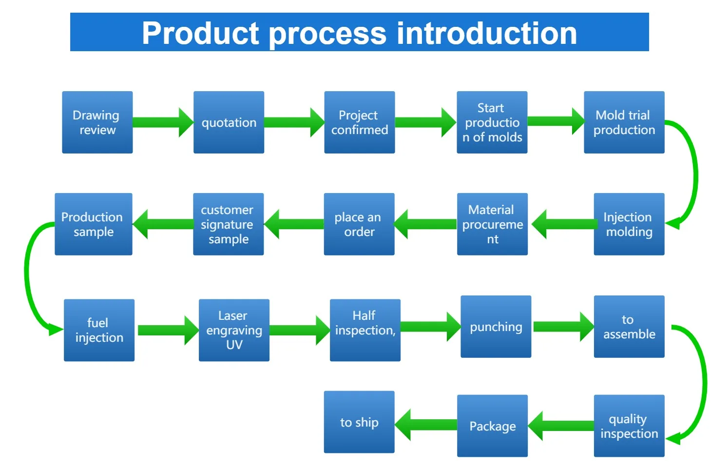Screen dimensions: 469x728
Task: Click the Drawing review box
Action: tap(97, 122)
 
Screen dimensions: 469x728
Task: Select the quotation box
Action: tap(229, 122)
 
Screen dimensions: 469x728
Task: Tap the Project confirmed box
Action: tap(359, 122)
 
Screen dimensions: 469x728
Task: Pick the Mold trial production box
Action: tap(624, 122)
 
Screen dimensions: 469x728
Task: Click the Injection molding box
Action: tap(629, 224)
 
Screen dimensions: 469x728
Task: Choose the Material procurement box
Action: tap(492, 224)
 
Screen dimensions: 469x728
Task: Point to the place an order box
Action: tap(359, 224)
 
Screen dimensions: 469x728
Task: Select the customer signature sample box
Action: tap(228, 224)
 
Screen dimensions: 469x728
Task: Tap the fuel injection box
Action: tap(99, 330)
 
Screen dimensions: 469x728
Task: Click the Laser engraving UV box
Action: tap(234, 330)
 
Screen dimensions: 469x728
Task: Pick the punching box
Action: tap(496, 327)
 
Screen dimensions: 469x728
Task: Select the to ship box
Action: tap(359, 422)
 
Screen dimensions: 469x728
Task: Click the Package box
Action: tap(492, 426)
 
